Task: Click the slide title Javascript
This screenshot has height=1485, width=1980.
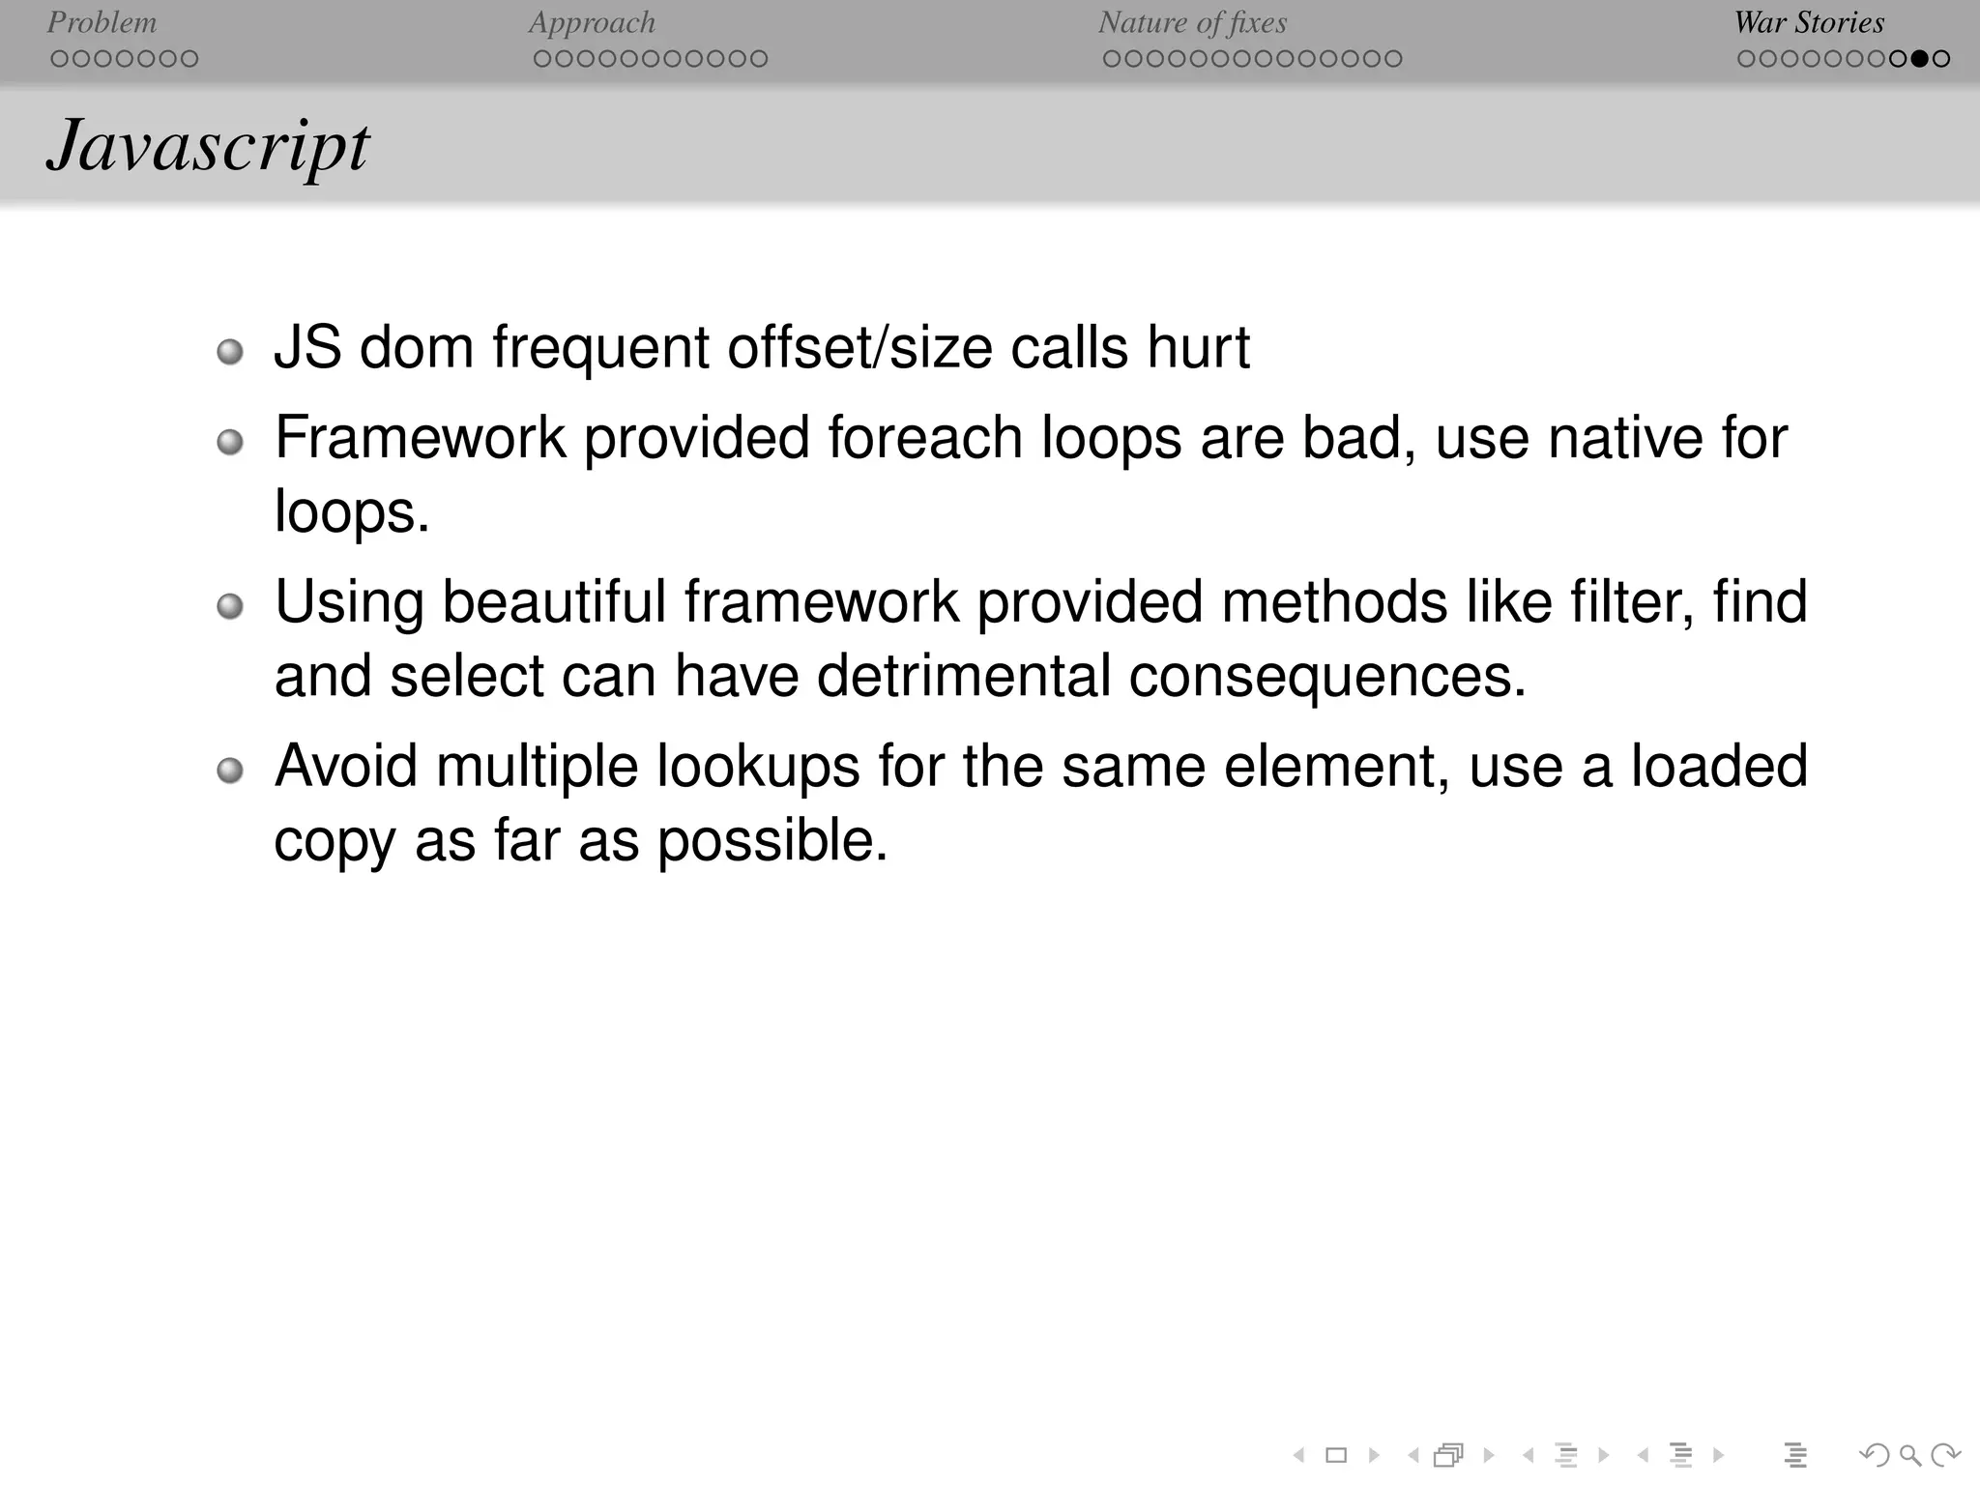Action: coord(207,147)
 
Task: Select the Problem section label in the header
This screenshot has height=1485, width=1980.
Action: coord(102,22)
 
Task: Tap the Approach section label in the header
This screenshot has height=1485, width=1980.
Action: coord(592,22)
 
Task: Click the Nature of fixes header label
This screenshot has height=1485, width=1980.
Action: coord(1192,22)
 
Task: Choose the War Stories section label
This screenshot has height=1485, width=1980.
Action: coord(1809,22)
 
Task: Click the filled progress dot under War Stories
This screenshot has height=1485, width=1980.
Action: coord(1920,59)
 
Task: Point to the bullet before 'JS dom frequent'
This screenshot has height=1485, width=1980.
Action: coord(230,352)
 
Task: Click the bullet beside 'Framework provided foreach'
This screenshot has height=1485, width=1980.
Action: coord(230,443)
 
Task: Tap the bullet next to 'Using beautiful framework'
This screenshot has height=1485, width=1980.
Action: coord(230,607)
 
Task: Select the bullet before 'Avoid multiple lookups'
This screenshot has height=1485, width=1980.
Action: coord(230,772)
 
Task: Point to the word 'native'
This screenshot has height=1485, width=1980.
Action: coord(1624,438)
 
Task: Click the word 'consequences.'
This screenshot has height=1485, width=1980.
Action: coord(1327,676)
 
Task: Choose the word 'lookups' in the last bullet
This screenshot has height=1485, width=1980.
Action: coord(758,767)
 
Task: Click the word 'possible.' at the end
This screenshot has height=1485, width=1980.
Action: coord(772,840)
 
